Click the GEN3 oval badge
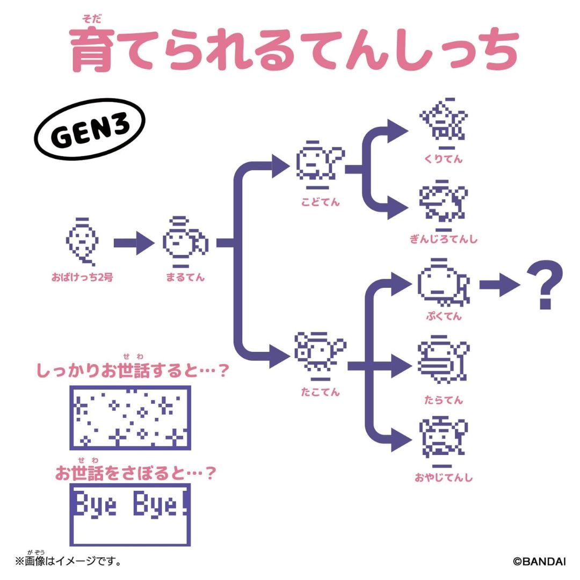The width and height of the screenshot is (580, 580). [x=90, y=132]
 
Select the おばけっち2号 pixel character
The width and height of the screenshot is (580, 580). [x=82, y=242]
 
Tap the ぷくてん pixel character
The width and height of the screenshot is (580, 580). [x=443, y=285]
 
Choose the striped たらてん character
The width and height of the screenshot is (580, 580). [x=443, y=362]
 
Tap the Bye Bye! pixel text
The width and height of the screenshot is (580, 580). [x=130, y=505]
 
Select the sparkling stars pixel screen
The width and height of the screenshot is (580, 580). [x=130, y=417]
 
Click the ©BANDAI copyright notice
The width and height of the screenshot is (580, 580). [x=539, y=562]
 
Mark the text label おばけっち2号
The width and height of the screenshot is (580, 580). [x=82, y=278]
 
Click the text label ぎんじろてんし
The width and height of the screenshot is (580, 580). [x=443, y=239]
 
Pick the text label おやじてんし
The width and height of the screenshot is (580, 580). [x=443, y=477]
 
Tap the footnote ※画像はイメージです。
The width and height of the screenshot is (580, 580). [x=68, y=562]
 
